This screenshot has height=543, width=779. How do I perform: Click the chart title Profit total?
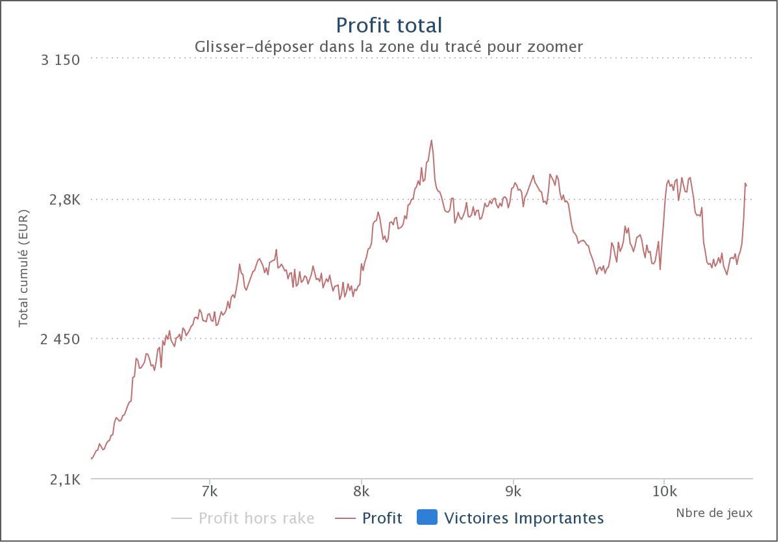click(389, 25)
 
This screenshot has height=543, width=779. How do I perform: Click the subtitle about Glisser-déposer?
click(388, 47)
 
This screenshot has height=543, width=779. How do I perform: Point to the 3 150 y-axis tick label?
click(60, 60)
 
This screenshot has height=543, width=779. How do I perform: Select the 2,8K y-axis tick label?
click(65, 200)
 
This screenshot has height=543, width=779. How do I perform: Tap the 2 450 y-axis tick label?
click(60, 339)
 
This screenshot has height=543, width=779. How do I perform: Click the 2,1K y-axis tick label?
click(65, 480)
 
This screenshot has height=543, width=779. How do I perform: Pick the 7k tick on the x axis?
click(210, 492)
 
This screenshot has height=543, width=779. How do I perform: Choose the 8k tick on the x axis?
click(362, 492)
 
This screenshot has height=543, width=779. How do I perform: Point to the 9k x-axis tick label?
click(513, 492)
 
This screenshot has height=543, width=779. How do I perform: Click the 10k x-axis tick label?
click(665, 492)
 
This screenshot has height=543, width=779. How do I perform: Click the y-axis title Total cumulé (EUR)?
click(23, 268)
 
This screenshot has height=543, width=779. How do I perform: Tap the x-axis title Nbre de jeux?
click(714, 513)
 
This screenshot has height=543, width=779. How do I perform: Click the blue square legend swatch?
click(427, 517)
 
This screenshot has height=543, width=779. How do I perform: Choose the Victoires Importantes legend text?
click(524, 518)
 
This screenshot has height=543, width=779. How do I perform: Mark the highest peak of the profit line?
click(431, 140)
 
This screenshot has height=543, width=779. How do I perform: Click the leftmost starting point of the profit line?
click(92, 459)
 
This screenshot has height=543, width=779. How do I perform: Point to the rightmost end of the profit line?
click(747, 186)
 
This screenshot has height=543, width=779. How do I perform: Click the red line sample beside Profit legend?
click(345, 518)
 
